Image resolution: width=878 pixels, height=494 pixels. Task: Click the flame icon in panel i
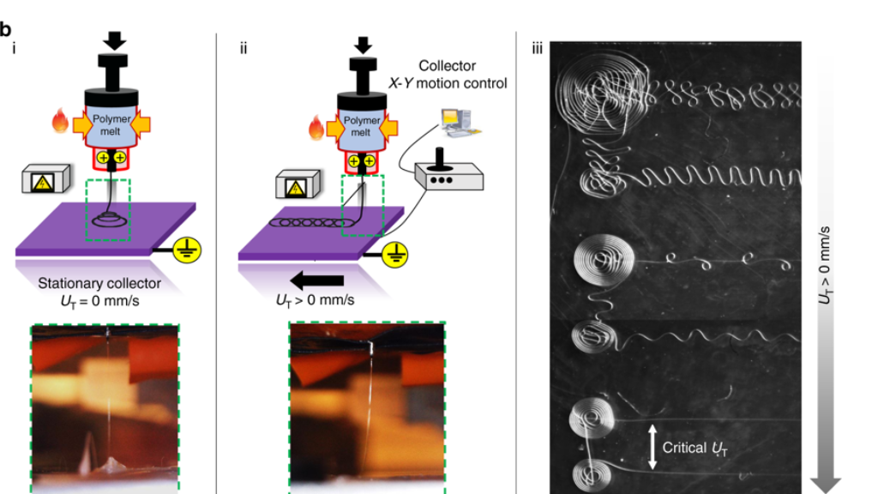coord(60,123)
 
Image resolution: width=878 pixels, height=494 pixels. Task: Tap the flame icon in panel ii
coord(316,130)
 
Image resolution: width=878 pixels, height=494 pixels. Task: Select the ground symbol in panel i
coord(186,249)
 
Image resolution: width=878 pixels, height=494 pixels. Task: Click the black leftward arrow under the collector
coord(319,280)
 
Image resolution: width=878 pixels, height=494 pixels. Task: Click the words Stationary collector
coord(100,284)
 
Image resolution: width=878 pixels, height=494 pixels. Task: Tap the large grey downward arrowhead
coord(825,484)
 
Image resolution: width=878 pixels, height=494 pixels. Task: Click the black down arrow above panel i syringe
coord(113,40)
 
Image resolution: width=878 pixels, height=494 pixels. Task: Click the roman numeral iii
coord(537,48)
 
